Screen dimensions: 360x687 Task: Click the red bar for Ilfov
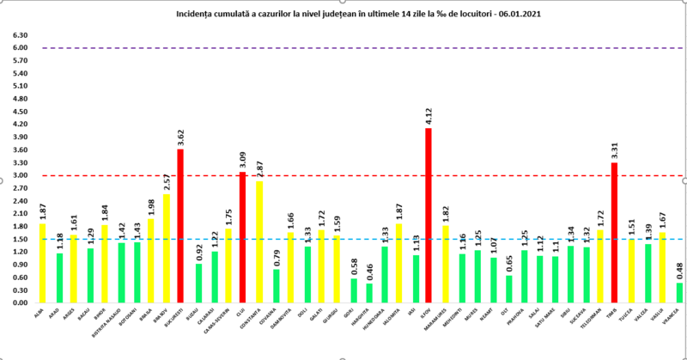click(429, 215)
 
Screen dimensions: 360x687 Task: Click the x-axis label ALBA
click(41, 312)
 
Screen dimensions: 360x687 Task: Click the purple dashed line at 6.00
click(343, 48)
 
